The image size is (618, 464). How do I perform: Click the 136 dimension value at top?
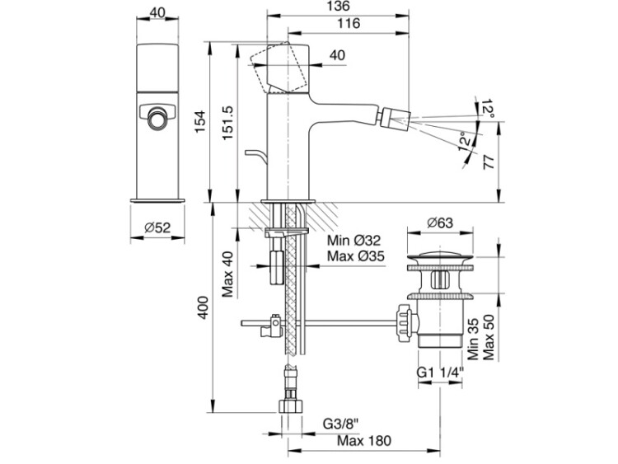[338, 7]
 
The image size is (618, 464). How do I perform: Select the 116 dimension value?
[349, 24]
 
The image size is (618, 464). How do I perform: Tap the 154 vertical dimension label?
[200, 121]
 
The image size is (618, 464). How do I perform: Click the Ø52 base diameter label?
[157, 227]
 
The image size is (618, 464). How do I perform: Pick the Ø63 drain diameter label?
[440, 223]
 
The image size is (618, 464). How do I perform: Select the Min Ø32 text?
[354, 240]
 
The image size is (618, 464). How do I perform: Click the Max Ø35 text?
[356, 256]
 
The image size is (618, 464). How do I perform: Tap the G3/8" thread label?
[341, 424]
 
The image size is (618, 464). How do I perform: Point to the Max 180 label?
[364, 441]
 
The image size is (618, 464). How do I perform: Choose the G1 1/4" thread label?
[440, 373]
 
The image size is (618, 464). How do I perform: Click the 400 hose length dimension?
[203, 307]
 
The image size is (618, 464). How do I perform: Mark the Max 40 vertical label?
[227, 274]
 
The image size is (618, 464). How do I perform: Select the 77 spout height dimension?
[489, 162]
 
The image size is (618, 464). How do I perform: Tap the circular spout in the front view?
[157, 118]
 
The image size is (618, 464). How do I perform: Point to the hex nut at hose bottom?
[291, 406]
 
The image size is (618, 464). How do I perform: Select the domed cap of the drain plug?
[440, 255]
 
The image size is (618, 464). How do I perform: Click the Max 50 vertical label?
[489, 337]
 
